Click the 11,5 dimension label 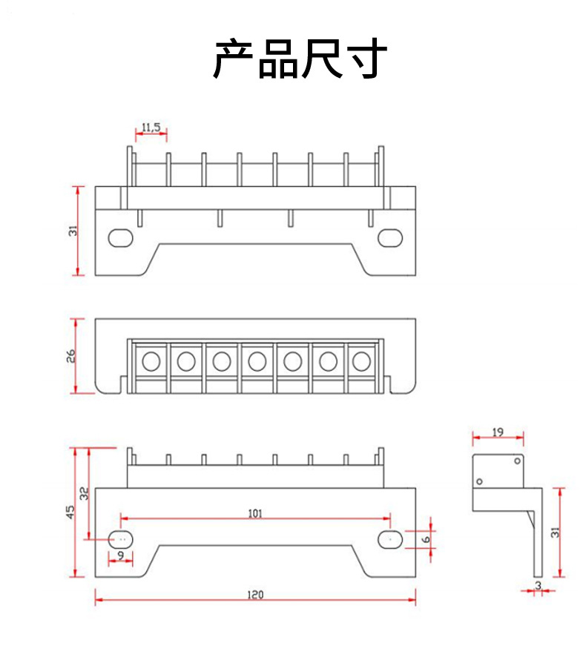pos(151,128)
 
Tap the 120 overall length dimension pos(255,593)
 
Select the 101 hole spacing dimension pos(255,513)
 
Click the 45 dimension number pos(70,512)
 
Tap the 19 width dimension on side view pos(498,431)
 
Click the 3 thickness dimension pos(538,586)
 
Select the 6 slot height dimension pos(426,539)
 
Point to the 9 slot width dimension pos(120,554)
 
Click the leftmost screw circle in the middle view pos(151,361)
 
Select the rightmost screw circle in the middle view pos(361,361)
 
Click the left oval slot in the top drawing pos(120,237)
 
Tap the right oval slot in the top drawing pos(389,237)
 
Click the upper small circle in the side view pos(517,461)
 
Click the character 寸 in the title pos(366,59)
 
